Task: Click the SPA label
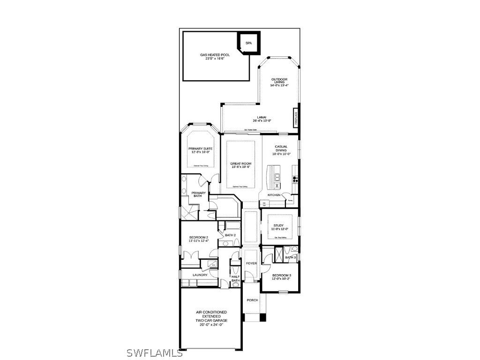[x=248, y=43]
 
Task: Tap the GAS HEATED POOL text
[x=215, y=55]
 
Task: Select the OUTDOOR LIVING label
[x=279, y=80]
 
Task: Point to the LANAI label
[x=262, y=117]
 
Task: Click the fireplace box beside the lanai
[x=296, y=118]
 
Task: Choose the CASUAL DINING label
[x=281, y=147]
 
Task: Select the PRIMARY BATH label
[x=198, y=194]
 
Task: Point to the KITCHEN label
[x=274, y=195]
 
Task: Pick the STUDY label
[x=278, y=225]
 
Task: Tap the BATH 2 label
[x=230, y=235]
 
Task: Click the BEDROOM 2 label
[x=199, y=238]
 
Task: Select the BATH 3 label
[x=291, y=257]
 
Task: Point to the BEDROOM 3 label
[x=281, y=275]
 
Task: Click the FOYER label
[x=251, y=263]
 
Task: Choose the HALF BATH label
[x=236, y=278]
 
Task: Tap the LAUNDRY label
[x=200, y=275]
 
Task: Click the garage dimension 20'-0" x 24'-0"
[x=211, y=324]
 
